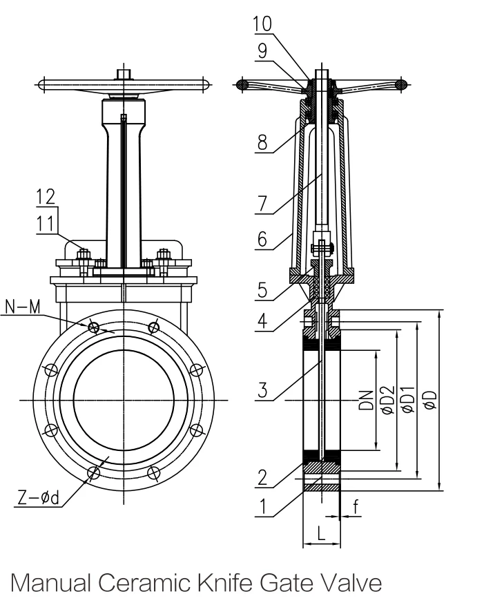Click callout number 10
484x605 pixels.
[x=262, y=24]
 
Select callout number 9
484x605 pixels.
[x=262, y=50]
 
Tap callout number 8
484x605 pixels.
[x=262, y=142]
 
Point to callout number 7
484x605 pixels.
[x=262, y=204]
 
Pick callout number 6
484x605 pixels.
[x=262, y=239]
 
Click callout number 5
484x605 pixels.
[x=262, y=290]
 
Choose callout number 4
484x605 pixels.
[x=262, y=320]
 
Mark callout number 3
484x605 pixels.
[x=262, y=390]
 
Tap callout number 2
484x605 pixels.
[x=262, y=478]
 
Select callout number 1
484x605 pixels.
[x=262, y=506]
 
